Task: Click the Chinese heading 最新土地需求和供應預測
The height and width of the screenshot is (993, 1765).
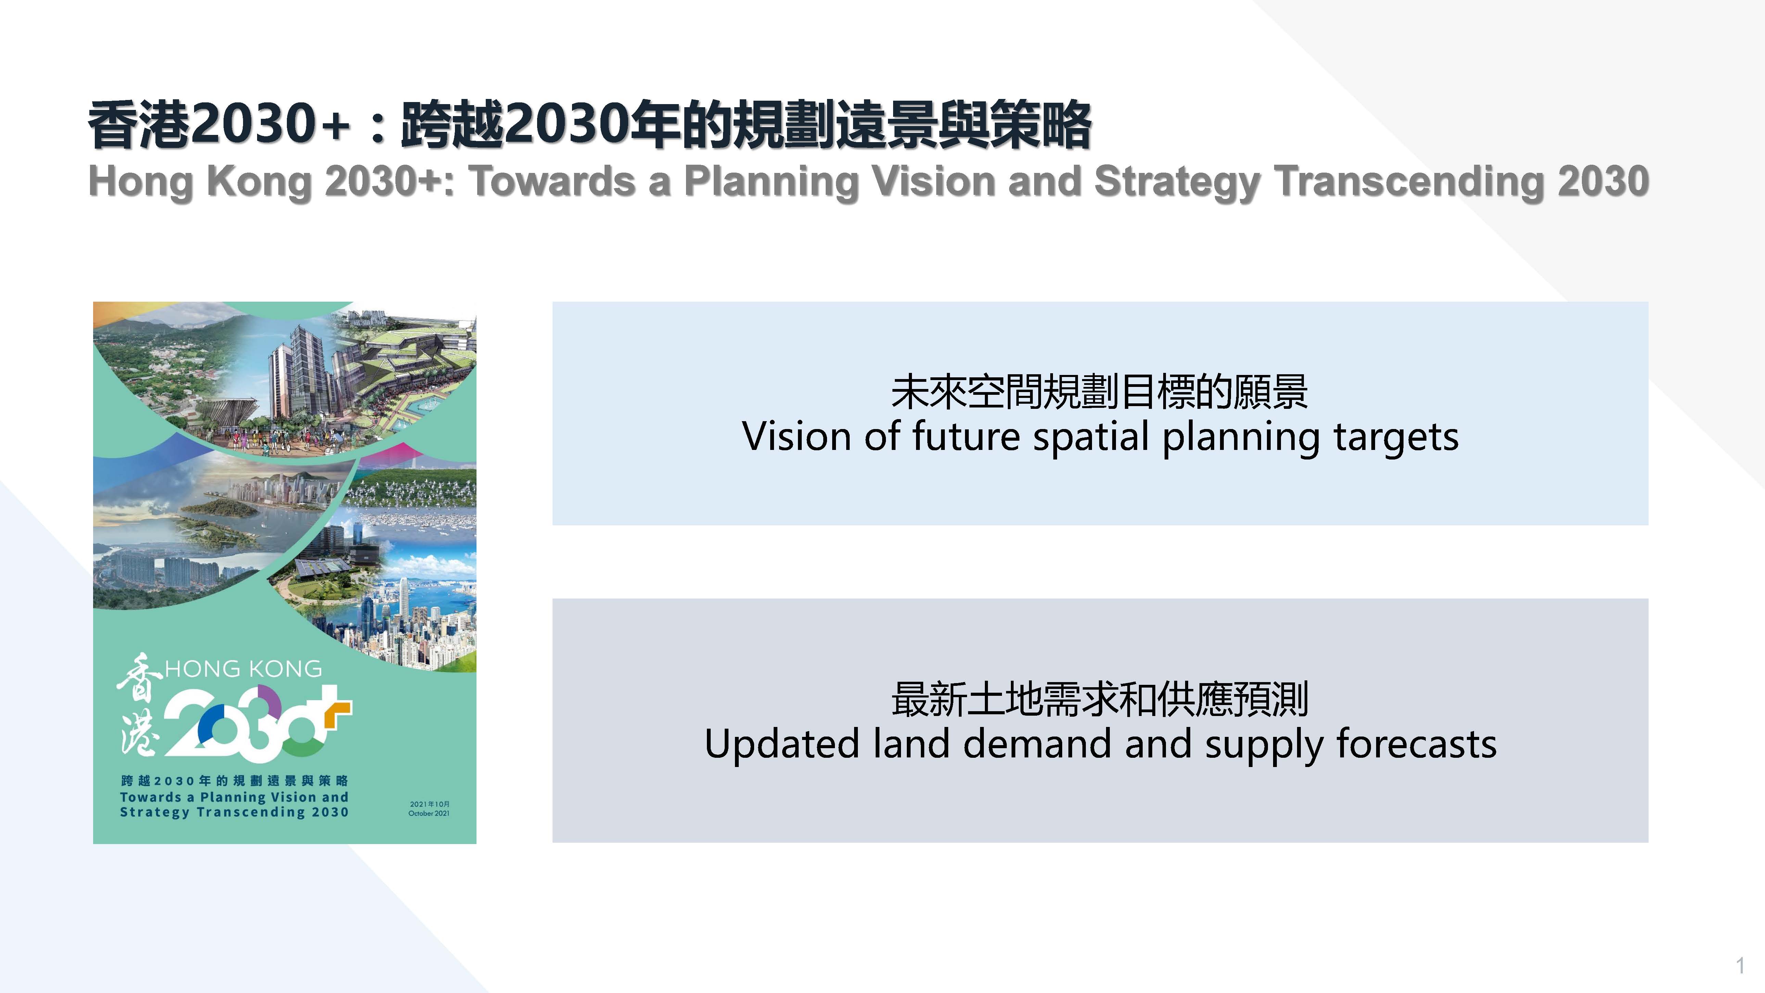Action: point(1100,699)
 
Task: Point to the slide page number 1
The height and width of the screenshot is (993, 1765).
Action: point(1740,966)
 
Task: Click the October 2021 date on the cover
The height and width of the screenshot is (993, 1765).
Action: point(429,814)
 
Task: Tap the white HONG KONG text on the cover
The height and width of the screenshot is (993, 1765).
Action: point(243,669)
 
